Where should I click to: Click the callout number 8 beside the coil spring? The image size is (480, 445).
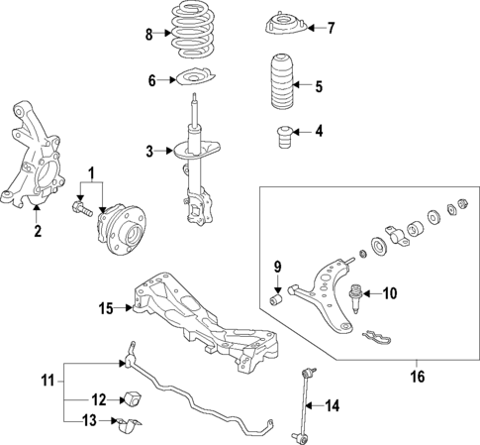click(149, 35)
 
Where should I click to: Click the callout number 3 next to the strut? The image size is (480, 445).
click(149, 152)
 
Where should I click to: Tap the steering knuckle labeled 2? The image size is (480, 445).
click(31, 159)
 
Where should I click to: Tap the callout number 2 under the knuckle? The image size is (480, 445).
click(38, 233)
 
